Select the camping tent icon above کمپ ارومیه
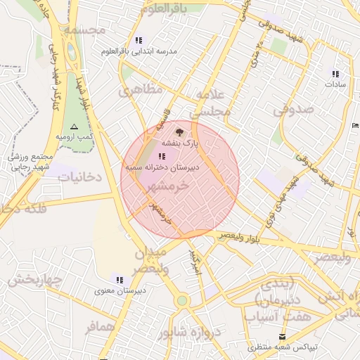tap(75, 126)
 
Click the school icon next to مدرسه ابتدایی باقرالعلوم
tap(138, 40)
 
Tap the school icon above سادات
tap(335, 73)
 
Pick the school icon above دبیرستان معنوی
tap(120, 279)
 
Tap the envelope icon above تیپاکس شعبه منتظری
tap(283, 336)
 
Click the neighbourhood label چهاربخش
tap(34, 281)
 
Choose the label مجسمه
tap(84, 31)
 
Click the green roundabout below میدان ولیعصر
tap(182, 301)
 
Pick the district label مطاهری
tap(141, 91)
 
